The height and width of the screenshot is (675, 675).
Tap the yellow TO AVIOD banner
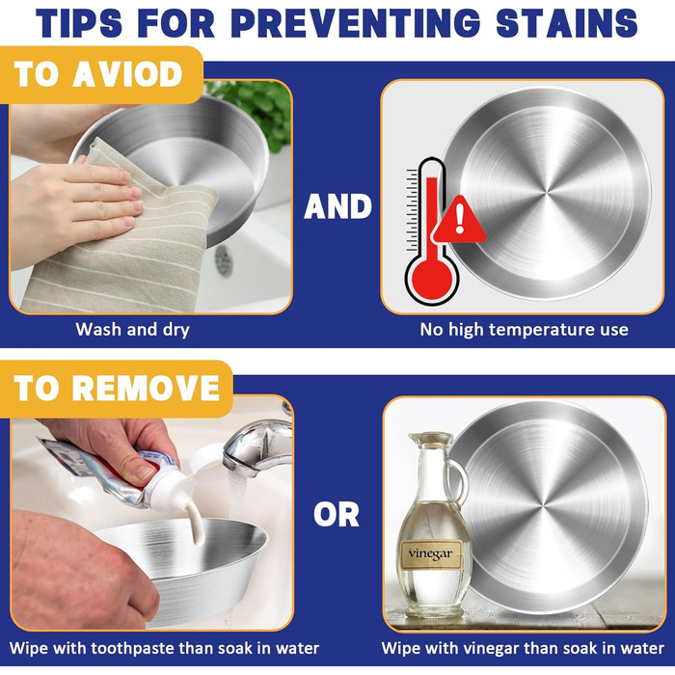(x=101, y=75)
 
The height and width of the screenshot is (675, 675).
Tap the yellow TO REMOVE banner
(x=117, y=389)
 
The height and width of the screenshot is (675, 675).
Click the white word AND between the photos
(x=337, y=206)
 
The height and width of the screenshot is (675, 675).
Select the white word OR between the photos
(x=337, y=514)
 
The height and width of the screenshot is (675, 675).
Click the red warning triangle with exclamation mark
(x=460, y=221)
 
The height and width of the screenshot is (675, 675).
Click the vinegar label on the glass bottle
(x=431, y=554)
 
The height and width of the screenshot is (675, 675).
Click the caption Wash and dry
(x=133, y=330)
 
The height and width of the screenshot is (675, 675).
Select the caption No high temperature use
(x=524, y=330)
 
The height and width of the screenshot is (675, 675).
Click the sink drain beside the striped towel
(x=224, y=260)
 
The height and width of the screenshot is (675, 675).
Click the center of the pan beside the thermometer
(x=548, y=193)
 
